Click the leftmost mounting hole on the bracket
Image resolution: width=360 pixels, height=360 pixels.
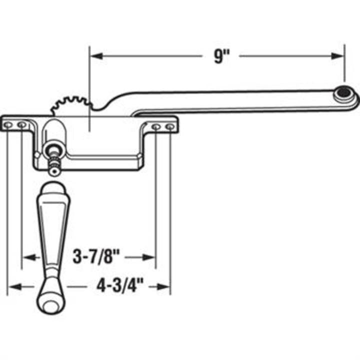[8, 124]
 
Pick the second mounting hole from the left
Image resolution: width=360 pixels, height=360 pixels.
[21, 124]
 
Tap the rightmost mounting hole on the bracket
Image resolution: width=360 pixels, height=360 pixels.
[170, 127]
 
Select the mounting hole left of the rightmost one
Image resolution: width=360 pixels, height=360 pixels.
[156, 127]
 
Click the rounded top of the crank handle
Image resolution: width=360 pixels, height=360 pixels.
[52, 188]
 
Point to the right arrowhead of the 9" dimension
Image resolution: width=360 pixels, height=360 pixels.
[340, 56]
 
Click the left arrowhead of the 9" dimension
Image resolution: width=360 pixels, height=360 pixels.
[94, 56]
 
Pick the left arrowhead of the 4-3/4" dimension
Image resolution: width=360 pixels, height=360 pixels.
[12, 286]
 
